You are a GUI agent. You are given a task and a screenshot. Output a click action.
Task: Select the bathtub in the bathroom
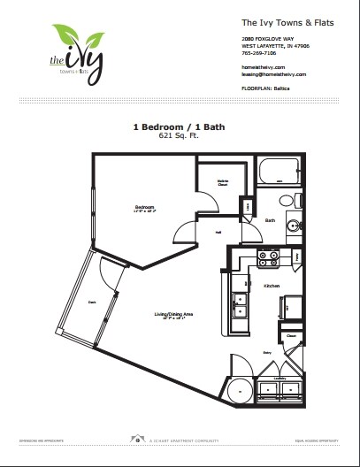[280, 170]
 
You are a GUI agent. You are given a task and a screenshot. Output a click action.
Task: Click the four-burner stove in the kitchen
[267, 259]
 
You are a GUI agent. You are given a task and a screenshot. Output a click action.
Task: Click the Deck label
[91, 300]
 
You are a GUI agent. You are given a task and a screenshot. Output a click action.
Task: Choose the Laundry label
[281, 378]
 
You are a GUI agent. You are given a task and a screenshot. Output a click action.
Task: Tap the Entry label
[265, 351]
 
